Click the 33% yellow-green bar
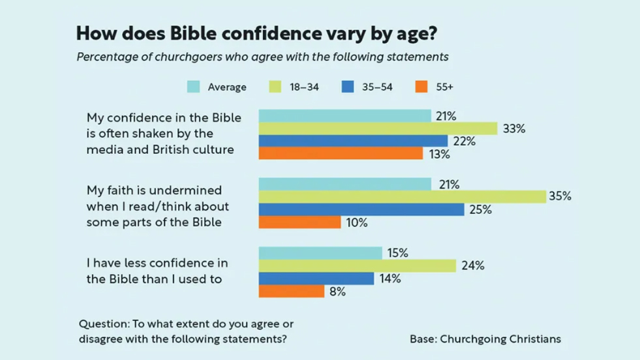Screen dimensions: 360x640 point(378,128)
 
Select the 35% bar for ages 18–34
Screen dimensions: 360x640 point(402,196)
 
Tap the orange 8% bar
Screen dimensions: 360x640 point(291,292)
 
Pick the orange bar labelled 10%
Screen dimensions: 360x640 point(299,222)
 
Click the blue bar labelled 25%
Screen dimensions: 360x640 point(361,209)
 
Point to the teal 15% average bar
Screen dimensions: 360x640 point(320,252)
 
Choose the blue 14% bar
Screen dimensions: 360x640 point(316,278)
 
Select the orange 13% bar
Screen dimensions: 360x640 point(341,154)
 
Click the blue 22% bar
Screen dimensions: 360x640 point(353,141)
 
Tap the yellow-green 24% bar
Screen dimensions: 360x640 point(357,265)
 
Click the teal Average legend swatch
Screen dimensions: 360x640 point(194,87)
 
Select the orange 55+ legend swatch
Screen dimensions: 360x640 point(421,87)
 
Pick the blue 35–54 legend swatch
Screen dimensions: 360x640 point(348,87)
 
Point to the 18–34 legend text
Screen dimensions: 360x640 point(304,87)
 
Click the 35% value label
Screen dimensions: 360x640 point(560,196)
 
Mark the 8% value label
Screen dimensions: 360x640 point(337,292)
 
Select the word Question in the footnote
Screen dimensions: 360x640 point(103,324)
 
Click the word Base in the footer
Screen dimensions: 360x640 point(421,339)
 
